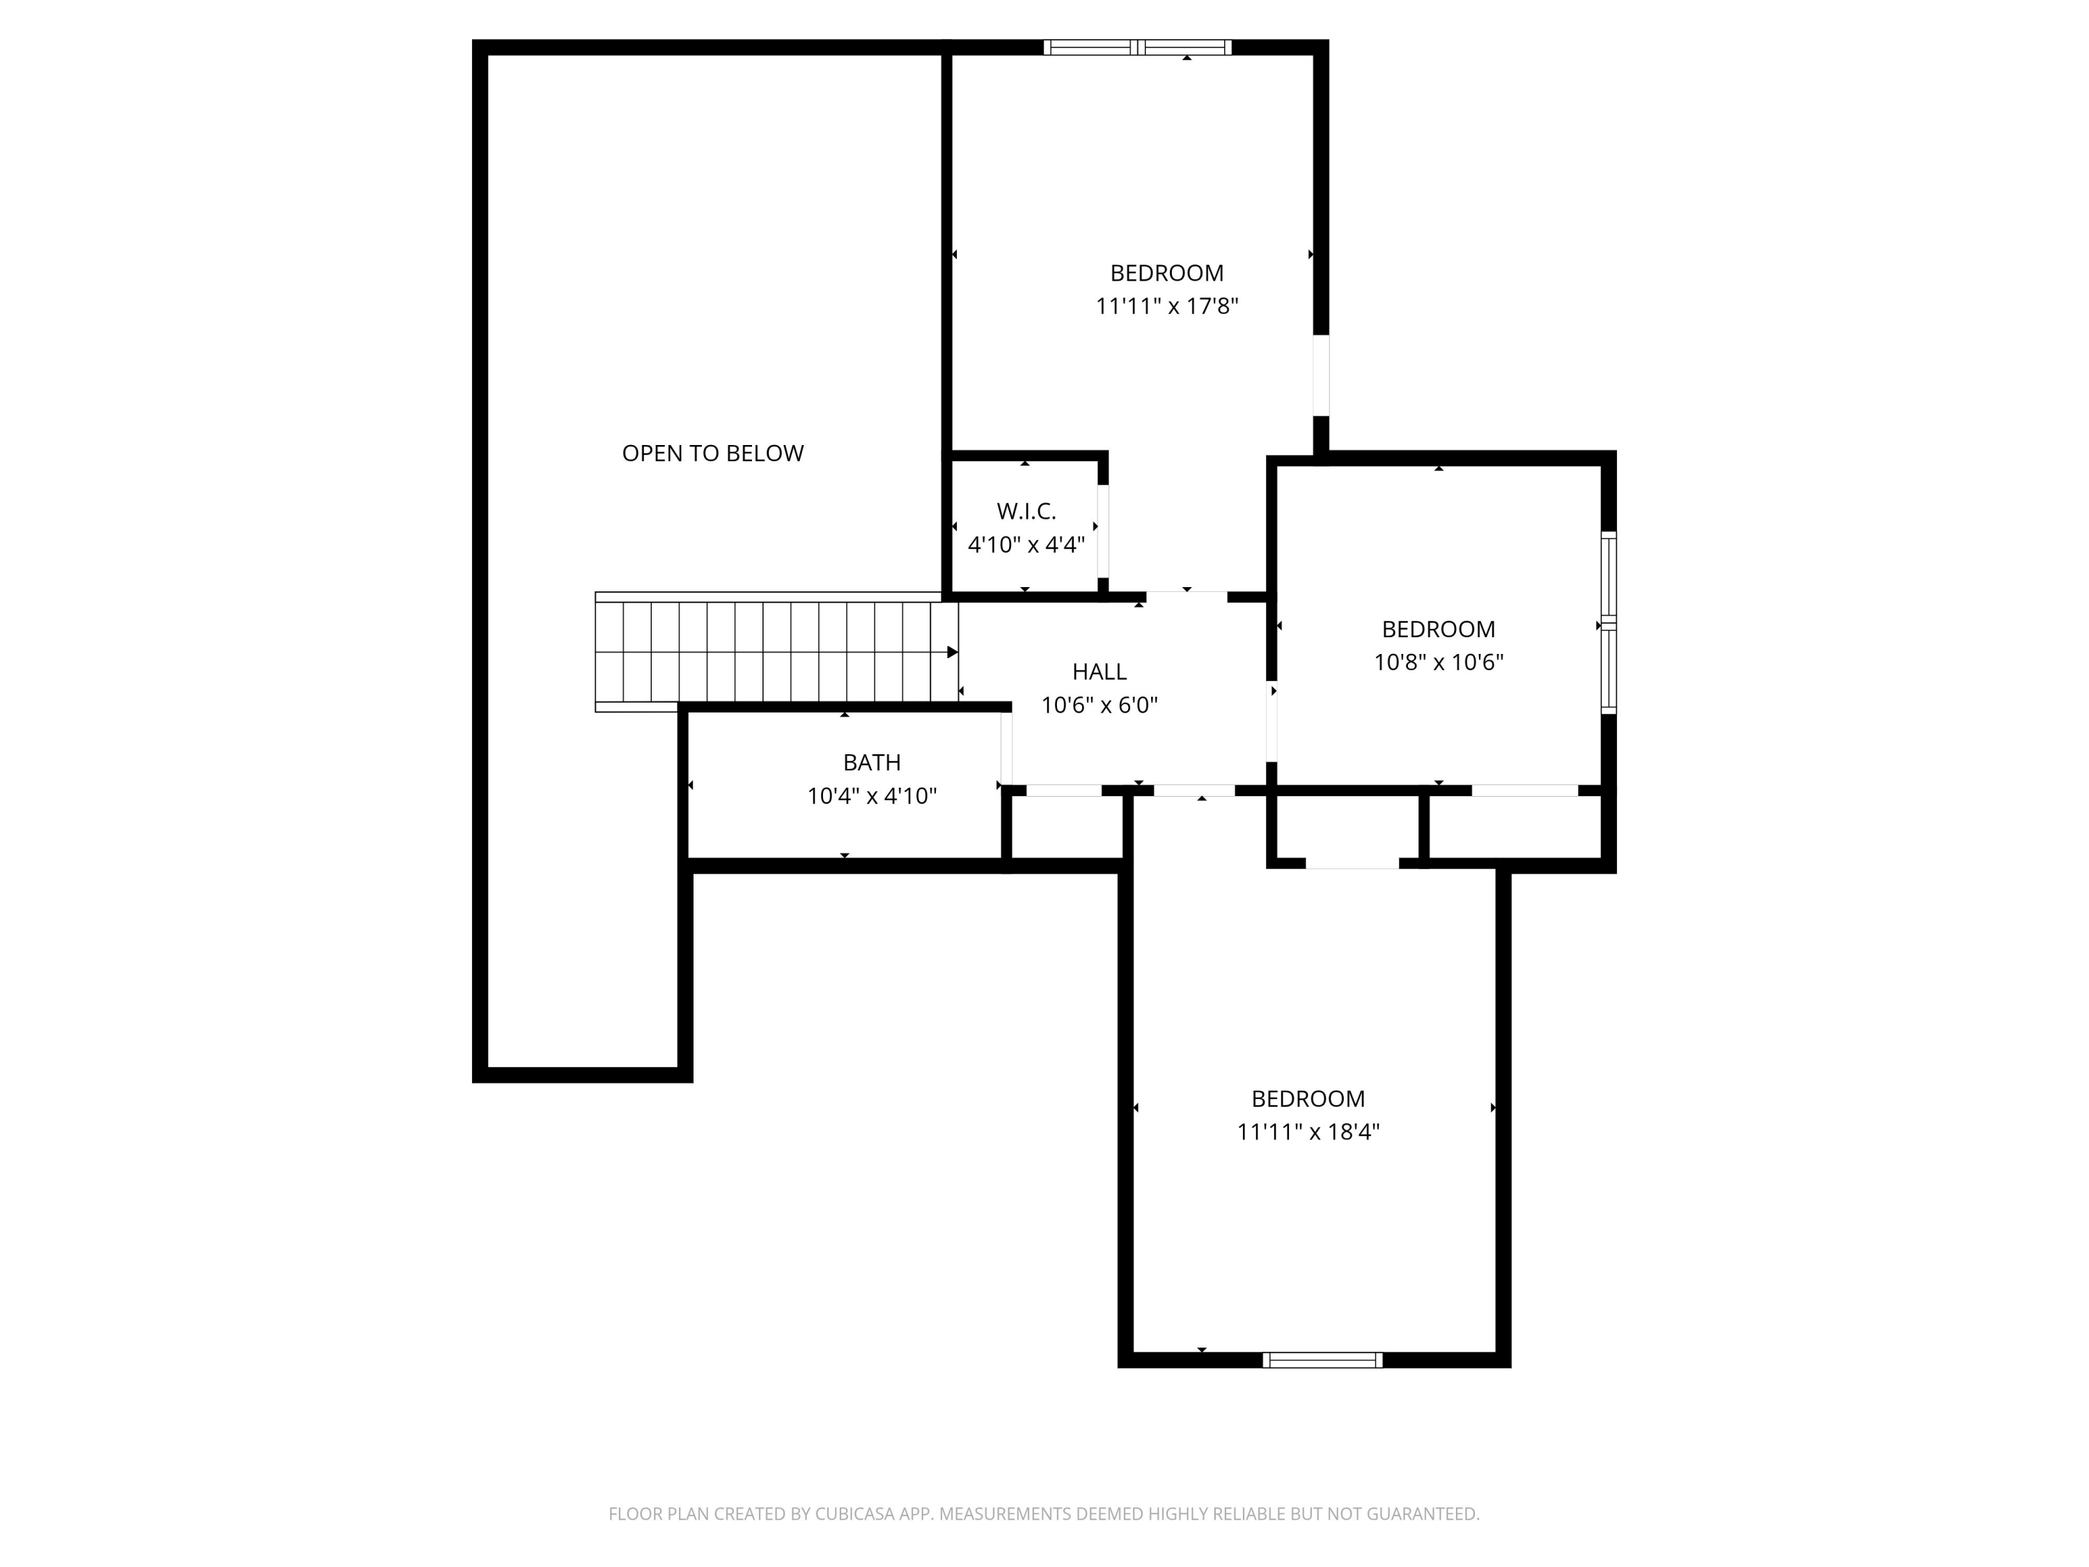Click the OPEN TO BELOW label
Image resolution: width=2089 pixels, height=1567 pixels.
[x=712, y=453]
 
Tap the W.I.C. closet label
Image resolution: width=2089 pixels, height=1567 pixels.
[x=1026, y=511]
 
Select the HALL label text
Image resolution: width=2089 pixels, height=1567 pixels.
[x=1100, y=671]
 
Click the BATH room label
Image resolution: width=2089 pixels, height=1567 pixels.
[x=872, y=762]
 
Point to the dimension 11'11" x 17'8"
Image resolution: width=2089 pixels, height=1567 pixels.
[x=1166, y=306]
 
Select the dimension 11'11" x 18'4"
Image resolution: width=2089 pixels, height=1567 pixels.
[x=1308, y=1132]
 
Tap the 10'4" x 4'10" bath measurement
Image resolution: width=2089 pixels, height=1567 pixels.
[x=872, y=796]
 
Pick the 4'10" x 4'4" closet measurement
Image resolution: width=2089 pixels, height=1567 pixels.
[x=1026, y=545]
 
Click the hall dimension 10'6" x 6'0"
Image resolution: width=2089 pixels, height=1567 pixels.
[x=1100, y=705]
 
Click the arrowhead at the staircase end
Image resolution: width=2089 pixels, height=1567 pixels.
[x=952, y=653]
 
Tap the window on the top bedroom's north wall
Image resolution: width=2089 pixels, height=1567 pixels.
[x=1137, y=47]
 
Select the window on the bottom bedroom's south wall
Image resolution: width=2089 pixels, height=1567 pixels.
[x=1322, y=1360]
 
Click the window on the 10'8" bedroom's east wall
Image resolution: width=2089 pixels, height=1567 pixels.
[x=1609, y=623]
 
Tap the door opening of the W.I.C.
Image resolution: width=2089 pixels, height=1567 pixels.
[x=1102, y=530]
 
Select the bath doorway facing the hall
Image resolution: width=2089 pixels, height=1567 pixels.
[x=1007, y=748]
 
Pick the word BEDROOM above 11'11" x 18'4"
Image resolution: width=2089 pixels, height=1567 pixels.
[x=1308, y=1098]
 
